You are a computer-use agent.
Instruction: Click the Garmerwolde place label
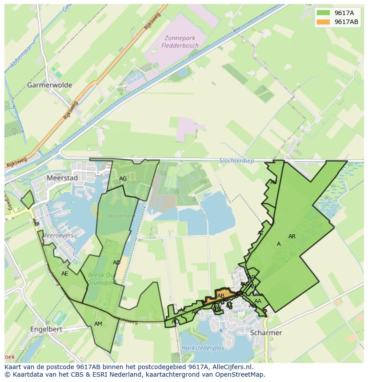tap(50, 85)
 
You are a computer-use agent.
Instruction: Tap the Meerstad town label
tap(63, 178)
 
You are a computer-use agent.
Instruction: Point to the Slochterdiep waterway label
tap(237, 161)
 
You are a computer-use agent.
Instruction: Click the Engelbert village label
tap(46, 329)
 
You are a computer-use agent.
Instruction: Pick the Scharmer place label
tap(266, 332)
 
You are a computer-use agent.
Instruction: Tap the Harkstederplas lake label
tap(203, 348)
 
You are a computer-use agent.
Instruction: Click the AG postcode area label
tap(123, 179)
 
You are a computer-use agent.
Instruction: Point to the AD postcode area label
tap(116, 263)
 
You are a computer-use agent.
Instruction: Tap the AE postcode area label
tap(65, 274)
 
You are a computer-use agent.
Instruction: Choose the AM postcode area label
tap(98, 324)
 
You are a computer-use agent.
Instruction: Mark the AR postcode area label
tap(292, 236)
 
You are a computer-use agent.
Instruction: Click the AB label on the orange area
tap(221, 296)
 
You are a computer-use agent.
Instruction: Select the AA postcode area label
tap(258, 301)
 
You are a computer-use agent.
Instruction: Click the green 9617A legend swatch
tap(324, 13)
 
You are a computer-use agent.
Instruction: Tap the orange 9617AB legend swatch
tap(324, 22)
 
